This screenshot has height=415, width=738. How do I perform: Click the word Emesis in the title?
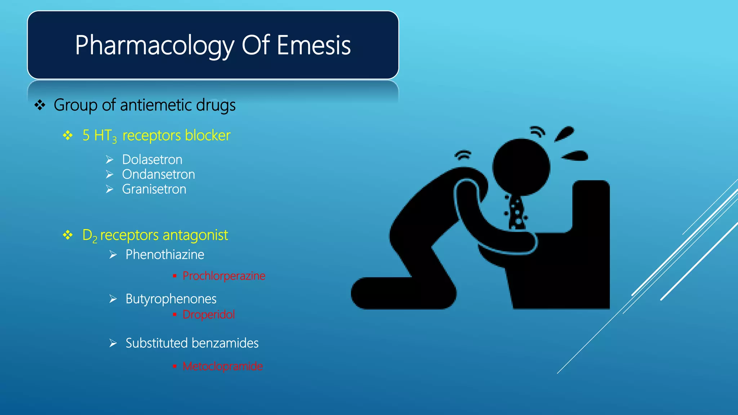click(x=314, y=45)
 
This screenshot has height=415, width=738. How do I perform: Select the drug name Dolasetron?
click(x=152, y=160)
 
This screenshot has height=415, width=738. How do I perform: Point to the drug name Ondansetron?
click(x=159, y=174)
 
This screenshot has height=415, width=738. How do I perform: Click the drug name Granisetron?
click(x=154, y=189)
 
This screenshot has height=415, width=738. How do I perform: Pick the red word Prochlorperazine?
click(x=224, y=276)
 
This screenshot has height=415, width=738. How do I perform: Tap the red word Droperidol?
click(x=209, y=314)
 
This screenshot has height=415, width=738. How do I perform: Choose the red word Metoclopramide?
click(x=223, y=366)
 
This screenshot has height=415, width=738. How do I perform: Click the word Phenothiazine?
click(x=165, y=255)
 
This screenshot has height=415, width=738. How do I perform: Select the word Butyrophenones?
click(x=171, y=299)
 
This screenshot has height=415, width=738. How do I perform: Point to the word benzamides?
click(x=226, y=343)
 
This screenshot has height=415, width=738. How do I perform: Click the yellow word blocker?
click(x=208, y=135)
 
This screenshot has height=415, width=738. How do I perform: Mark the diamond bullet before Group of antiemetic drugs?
click(x=40, y=106)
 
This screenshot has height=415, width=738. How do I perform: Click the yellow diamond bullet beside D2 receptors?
click(x=68, y=235)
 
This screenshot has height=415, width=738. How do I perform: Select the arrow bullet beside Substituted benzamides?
click(x=113, y=343)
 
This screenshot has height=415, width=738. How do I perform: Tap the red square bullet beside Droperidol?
click(x=175, y=315)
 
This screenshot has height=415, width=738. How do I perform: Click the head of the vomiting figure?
click(x=521, y=167)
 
